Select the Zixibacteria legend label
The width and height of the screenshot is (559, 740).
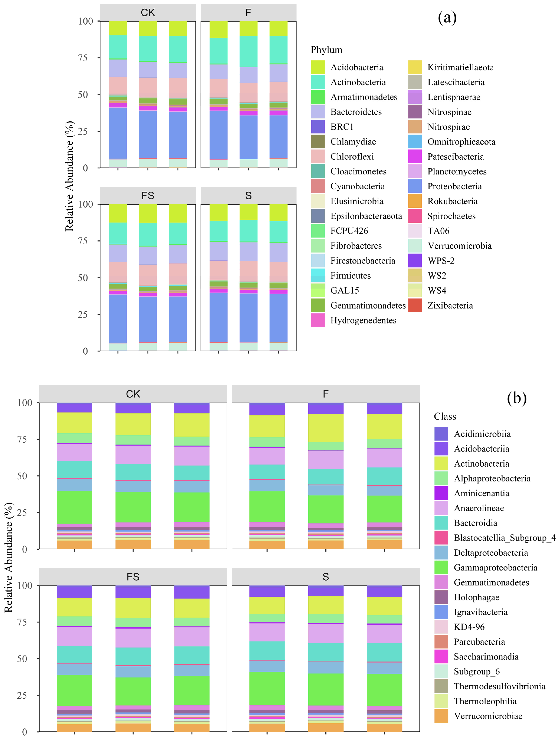(450, 305)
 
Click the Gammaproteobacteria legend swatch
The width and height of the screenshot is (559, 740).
(441, 567)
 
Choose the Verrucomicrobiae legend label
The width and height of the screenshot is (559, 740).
(488, 716)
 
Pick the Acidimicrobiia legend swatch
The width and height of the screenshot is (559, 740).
(441, 434)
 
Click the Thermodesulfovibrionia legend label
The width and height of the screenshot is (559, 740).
(499, 686)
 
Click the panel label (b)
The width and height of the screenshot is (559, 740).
(517, 398)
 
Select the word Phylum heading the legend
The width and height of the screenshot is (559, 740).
(326, 50)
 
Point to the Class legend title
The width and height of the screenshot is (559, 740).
(445, 417)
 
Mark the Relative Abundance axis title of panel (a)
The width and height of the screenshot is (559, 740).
(69, 176)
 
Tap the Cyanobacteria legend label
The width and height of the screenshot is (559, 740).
(357, 186)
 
